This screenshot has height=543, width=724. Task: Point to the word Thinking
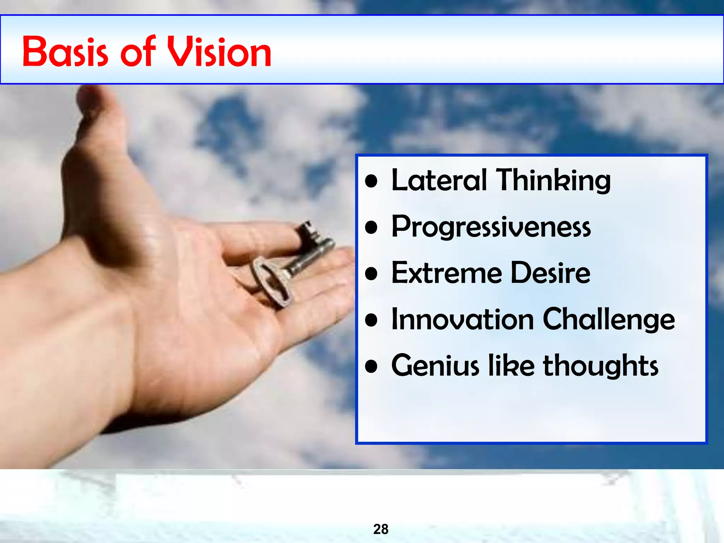553,181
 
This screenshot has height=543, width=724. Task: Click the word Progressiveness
491,227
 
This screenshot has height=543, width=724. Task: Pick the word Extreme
447,273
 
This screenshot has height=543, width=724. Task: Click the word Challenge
608,320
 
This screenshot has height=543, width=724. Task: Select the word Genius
435,366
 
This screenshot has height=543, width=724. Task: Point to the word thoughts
601,366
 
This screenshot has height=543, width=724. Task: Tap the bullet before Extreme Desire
371,274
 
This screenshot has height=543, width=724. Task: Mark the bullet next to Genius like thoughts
371,367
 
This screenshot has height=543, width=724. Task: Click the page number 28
381,529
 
